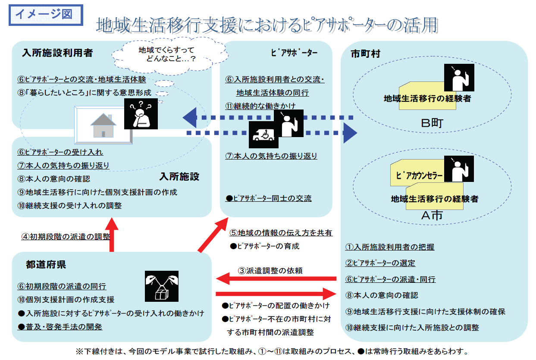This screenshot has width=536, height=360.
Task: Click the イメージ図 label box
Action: [46, 15]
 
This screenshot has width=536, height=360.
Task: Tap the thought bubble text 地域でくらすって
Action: [166, 50]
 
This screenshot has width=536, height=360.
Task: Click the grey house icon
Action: [103, 125]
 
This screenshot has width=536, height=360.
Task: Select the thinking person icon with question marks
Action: [141, 114]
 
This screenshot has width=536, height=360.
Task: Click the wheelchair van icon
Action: [263, 135]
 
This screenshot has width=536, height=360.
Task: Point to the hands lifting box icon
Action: [162, 286]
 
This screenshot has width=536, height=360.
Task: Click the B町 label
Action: [432, 123]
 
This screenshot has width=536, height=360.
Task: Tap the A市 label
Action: [432, 215]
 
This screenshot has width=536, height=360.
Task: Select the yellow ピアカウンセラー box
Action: [417, 173]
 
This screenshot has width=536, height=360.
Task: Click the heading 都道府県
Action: [46, 264]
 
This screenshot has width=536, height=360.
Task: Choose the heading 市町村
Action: [365, 54]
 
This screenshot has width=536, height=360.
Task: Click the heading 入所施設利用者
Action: [57, 53]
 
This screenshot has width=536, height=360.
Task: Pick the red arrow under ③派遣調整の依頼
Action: [276, 279]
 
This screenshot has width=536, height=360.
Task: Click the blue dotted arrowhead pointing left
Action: [190, 117]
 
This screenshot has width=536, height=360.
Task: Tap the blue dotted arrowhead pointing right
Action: [350, 133]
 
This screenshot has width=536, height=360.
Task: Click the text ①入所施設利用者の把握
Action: [390, 247]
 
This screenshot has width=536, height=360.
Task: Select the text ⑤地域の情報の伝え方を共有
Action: [281, 233]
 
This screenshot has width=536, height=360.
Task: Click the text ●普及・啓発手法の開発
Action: [60, 327]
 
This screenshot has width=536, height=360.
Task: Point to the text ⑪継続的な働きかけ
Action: [260, 106]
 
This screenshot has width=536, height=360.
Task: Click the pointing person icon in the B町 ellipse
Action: [459, 78]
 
